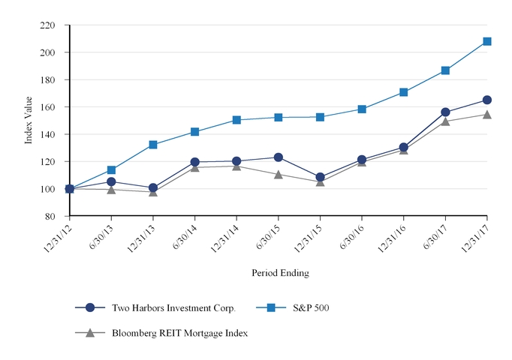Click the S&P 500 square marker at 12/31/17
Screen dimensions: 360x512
(x=487, y=41)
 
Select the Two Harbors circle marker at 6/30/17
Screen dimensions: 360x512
(x=445, y=112)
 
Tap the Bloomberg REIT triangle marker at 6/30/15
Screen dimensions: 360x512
(x=279, y=174)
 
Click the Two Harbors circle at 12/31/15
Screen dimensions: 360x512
(x=321, y=178)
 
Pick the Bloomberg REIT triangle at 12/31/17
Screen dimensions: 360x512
(x=487, y=115)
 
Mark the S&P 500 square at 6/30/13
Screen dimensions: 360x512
(x=112, y=170)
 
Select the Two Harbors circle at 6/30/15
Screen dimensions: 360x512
(x=279, y=157)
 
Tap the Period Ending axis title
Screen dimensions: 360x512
(x=279, y=273)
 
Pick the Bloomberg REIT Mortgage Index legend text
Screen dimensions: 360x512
(x=179, y=333)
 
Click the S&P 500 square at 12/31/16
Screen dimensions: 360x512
(x=404, y=92)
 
